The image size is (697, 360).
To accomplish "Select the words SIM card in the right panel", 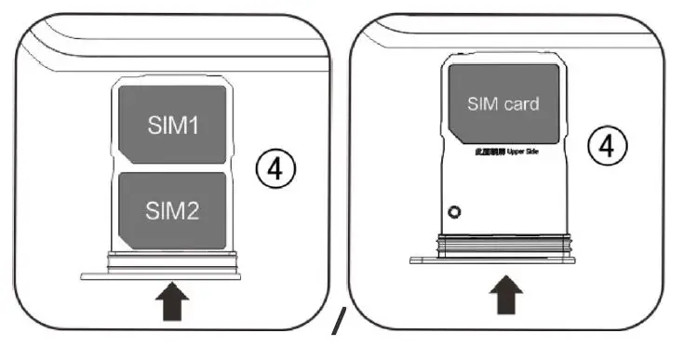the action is (503, 103).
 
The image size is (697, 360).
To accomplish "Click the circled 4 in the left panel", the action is (275, 171).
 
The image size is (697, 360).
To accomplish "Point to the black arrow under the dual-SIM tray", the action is (174, 303).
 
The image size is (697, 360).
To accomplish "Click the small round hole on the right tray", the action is (453, 212).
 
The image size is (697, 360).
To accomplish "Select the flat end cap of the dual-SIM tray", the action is (161, 274).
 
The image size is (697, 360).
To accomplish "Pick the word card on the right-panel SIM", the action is (521, 103).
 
